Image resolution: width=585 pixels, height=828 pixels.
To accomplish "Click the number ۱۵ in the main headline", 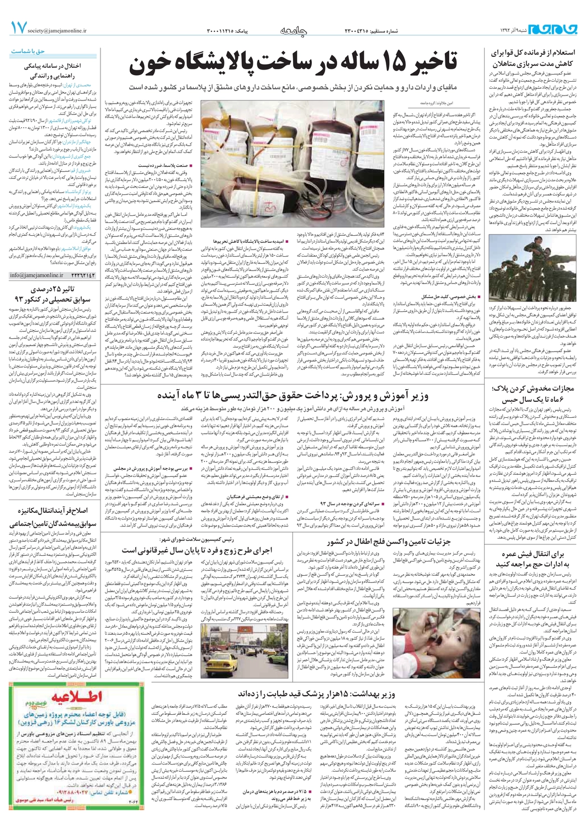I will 389,65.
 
